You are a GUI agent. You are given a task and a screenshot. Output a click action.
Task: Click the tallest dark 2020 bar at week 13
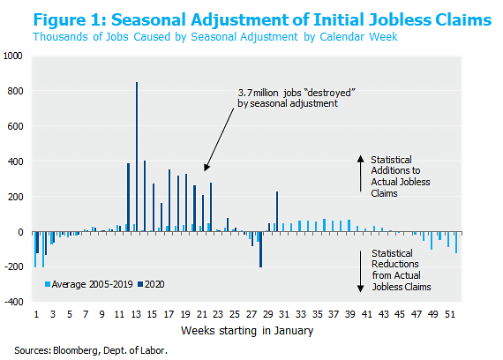pyautogui.click(x=137, y=156)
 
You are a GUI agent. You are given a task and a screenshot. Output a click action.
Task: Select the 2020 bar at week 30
pyautogui.click(x=277, y=212)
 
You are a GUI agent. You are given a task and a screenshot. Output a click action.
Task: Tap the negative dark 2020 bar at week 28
pyautogui.click(x=260, y=250)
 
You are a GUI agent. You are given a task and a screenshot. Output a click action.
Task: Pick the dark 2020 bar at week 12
pyautogui.click(x=128, y=198)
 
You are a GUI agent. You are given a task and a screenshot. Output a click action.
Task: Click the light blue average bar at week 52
pyautogui.click(x=456, y=243)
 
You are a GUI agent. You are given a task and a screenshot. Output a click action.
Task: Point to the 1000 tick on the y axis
pyautogui.click(x=13, y=56)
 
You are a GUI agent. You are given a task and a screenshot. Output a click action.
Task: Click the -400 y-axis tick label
pyautogui.click(x=14, y=302)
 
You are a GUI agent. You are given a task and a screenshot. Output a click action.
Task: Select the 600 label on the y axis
pyautogui.click(x=15, y=126)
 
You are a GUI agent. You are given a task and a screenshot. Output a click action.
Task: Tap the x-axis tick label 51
pyautogui.click(x=450, y=314)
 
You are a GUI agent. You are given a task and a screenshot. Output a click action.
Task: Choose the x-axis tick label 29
pyautogui.click(x=268, y=314)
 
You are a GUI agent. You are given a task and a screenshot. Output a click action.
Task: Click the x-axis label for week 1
pyautogui.click(x=36, y=314)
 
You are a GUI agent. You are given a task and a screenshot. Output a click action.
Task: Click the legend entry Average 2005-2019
pyautogui.click(x=89, y=284)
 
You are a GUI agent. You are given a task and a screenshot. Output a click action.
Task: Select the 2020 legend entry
pyautogui.click(x=151, y=284)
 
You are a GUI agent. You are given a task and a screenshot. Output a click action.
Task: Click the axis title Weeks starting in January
pyautogui.click(x=247, y=331)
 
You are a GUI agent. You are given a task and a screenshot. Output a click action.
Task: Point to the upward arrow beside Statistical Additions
pyautogui.click(x=361, y=173)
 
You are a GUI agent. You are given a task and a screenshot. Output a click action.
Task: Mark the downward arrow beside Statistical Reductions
pyautogui.click(x=361, y=272)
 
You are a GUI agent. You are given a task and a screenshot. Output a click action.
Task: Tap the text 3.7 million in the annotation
pyautogui.click(x=259, y=93)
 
